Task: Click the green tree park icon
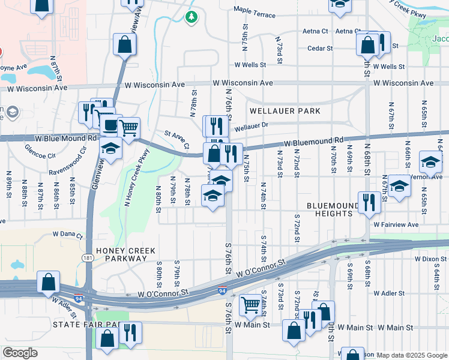click(191, 17)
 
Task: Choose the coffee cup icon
click(111, 125)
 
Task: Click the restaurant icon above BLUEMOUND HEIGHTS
click(369, 203)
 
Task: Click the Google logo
click(20, 352)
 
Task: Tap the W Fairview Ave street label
click(396, 224)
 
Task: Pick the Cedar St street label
click(320, 49)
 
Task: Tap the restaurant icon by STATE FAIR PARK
click(130, 333)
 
